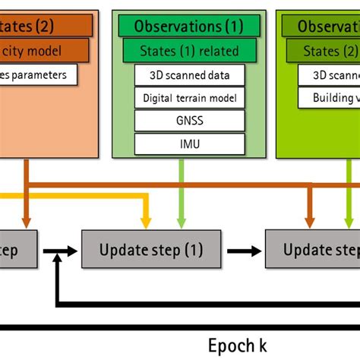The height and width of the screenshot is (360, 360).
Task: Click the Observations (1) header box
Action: click(x=188, y=27)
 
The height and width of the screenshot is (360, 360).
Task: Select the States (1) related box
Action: click(x=188, y=52)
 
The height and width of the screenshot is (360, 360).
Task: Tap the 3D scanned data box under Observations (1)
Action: click(x=189, y=74)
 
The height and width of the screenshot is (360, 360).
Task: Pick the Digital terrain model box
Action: click(x=189, y=97)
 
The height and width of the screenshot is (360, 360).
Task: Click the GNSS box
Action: click(x=189, y=120)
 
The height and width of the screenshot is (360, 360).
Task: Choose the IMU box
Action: click(x=189, y=143)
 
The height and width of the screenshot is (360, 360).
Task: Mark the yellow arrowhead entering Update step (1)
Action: click(x=144, y=223)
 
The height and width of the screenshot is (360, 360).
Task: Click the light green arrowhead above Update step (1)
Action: click(x=181, y=223)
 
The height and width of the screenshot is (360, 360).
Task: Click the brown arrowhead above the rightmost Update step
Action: click(x=310, y=223)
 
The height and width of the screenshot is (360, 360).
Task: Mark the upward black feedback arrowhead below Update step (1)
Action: click(x=58, y=261)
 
